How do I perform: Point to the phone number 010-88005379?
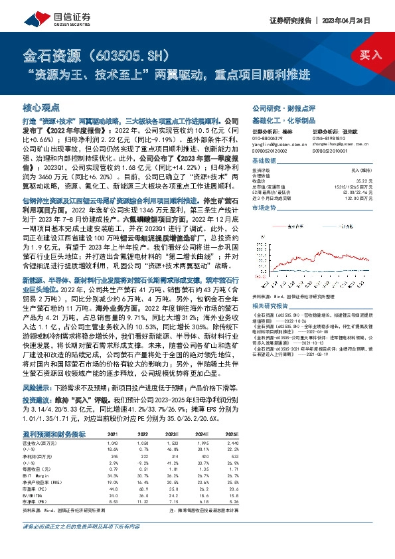[266, 136]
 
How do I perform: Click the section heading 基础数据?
[264, 161]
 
